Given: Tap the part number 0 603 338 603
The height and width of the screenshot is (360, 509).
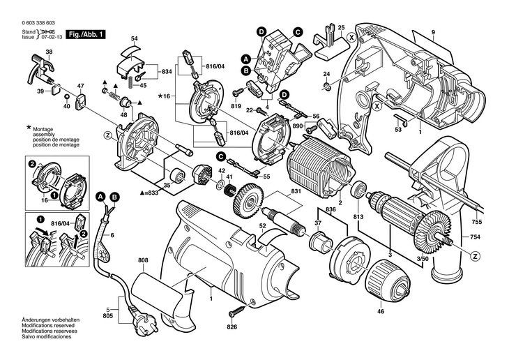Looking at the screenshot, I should click(x=40, y=23).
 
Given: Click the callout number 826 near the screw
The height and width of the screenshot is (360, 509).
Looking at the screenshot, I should click(x=231, y=324).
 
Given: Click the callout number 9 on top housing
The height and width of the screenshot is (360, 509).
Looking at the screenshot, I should click(x=432, y=33).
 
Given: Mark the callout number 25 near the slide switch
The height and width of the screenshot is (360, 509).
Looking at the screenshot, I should click(x=341, y=27).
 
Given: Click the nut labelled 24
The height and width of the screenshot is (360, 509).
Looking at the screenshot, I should click(x=326, y=87).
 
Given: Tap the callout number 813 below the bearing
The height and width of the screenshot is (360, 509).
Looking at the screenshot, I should click(x=358, y=216).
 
